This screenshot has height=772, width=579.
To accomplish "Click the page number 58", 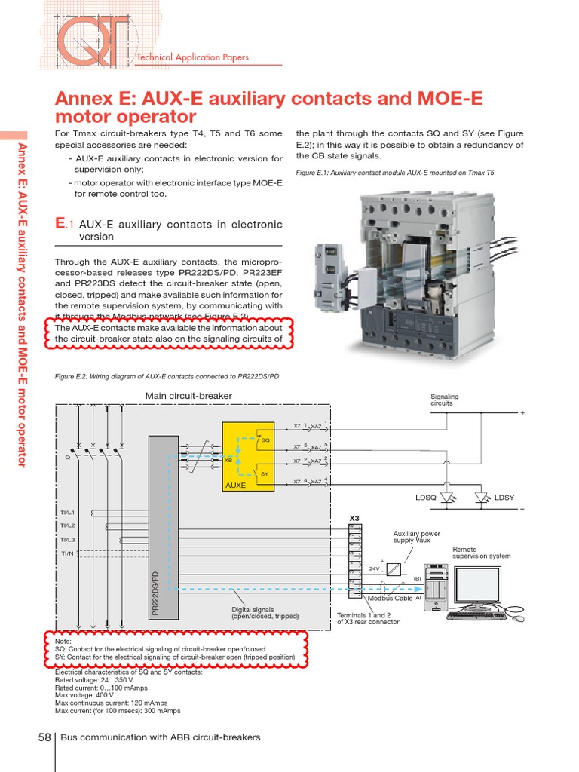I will [43, 737].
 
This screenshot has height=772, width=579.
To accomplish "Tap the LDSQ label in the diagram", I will [426, 498].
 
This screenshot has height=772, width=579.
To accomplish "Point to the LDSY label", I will [504, 498].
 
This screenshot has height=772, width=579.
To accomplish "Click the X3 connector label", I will [355, 518].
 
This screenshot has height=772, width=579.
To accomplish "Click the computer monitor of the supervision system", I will [482, 585].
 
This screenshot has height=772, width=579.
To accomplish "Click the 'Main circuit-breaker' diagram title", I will [188, 396].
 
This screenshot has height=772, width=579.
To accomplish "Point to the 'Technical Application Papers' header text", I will [191, 57].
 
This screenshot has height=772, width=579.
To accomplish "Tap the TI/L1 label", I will [68, 513].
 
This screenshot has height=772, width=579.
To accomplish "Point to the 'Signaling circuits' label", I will [444, 400].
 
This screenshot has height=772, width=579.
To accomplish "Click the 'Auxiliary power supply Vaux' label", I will [416, 538].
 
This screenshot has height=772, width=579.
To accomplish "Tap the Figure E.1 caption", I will [395, 173].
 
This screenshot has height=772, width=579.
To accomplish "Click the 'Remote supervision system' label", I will [481, 553].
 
